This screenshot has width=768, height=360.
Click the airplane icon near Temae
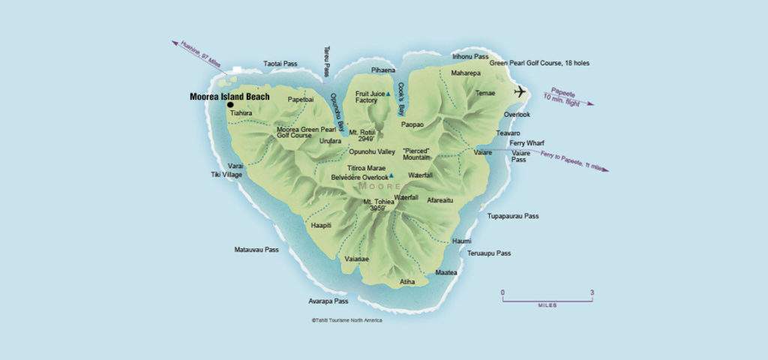520,91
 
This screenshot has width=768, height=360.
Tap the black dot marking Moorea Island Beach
230,105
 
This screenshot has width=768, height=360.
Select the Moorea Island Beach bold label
229,97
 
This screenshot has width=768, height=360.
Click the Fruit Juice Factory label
370,97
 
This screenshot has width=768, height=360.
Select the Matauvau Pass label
256,249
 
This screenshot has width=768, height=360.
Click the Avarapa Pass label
328,301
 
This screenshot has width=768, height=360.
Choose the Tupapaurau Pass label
513,216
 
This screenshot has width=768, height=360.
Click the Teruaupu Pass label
489,253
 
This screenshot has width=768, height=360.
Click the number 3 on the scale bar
592,292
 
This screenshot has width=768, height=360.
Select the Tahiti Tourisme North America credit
346,320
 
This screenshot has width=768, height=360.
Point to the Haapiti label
320,225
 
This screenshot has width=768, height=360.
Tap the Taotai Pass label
280,64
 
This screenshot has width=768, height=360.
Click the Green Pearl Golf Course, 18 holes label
539,63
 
